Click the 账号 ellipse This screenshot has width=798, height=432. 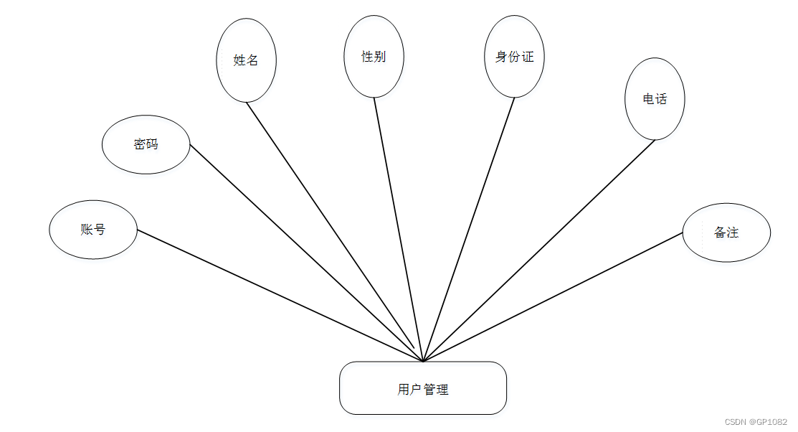tap(93, 230)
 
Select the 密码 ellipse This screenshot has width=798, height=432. tap(146, 144)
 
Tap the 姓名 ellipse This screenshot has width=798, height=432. tap(246, 60)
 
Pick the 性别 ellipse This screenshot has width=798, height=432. tap(374, 57)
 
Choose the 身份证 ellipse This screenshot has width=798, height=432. tap(514, 57)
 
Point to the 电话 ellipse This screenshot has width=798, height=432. tap(655, 99)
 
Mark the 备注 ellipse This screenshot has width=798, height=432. tap(726, 233)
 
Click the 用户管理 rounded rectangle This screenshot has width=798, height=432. tap(423, 388)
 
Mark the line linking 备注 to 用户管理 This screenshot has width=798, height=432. tap(552, 297)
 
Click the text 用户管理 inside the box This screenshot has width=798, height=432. tap(423, 390)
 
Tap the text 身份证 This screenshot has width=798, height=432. tap(514, 57)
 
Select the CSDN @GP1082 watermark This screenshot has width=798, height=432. tap(756, 422)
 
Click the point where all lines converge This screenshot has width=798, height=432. tap(423, 361)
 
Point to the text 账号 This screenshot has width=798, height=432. tap(93, 230)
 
